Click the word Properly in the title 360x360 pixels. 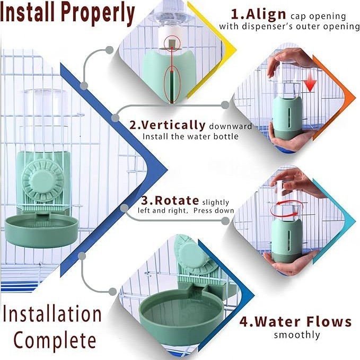98,14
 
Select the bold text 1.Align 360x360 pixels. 259,14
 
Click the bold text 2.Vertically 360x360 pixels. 168,125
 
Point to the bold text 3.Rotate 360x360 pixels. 170,200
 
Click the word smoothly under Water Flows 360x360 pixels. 297,335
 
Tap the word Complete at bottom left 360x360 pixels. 55,341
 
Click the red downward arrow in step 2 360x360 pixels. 310,86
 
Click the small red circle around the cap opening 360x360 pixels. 172,44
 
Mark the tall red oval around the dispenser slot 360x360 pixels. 172,84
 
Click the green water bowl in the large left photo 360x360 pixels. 41,231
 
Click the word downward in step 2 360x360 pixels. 230,126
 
